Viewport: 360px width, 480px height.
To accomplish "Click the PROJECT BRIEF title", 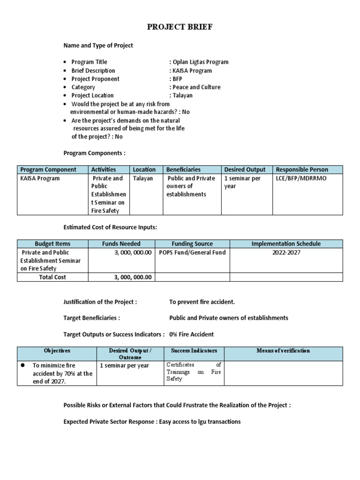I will click(x=180, y=27).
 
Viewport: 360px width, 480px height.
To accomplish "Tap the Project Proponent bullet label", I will click(x=95, y=79).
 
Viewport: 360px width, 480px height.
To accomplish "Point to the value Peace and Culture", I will click(x=196, y=87).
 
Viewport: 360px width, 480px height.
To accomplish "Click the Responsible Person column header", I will click(x=302, y=170).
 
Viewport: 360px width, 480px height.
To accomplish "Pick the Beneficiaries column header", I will click(x=183, y=170).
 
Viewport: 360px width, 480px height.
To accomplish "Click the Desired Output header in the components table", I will click(x=245, y=170).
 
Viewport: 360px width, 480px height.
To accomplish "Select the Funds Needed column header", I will click(x=121, y=244).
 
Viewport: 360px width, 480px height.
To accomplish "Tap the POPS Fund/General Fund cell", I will click(x=192, y=253).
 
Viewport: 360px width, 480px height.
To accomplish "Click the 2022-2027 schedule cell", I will click(x=286, y=253).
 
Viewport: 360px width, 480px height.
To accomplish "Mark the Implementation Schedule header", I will click(x=286, y=244).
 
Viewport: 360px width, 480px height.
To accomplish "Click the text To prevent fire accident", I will click(x=202, y=302).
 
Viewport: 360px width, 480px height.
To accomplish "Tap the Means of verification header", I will click(x=283, y=351).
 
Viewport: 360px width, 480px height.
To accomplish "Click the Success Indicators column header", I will click(x=194, y=351).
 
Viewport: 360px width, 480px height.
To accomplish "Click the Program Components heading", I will click(x=94, y=153).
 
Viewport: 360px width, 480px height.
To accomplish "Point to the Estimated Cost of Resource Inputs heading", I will click(x=110, y=227).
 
